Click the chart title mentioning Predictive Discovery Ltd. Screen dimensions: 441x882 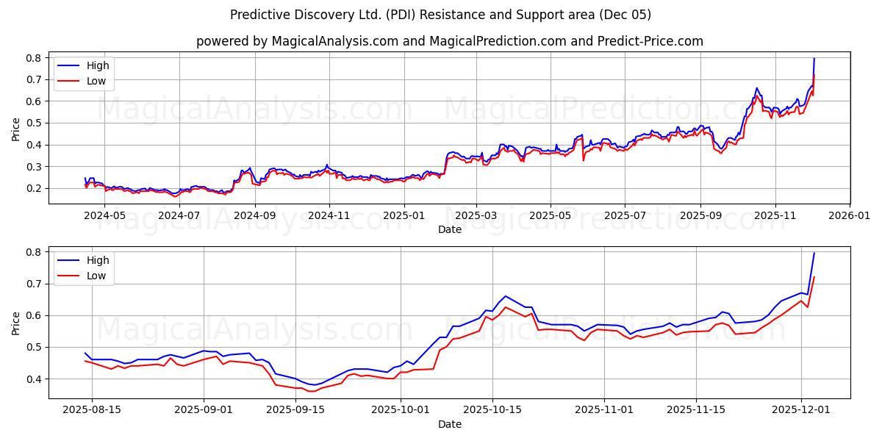pos(440,15)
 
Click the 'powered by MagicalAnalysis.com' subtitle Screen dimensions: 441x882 pos(449,41)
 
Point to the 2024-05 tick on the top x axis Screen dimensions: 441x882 pos(104,216)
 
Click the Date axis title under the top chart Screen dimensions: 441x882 pos(449,229)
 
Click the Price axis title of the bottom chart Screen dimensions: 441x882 pos(15,323)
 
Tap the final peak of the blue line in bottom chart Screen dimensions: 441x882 pos(814,254)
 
